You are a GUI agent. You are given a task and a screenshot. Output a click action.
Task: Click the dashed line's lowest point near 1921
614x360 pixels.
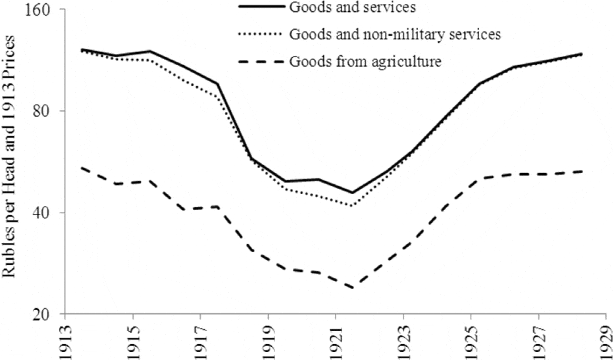(353, 288)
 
